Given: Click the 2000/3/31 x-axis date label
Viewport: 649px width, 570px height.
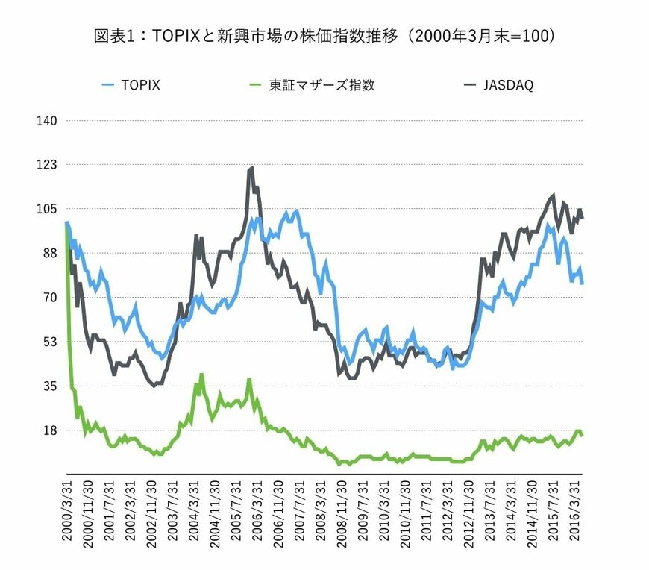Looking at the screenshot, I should [69, 512].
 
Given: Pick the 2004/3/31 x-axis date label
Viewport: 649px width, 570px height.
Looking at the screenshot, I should [195, 512].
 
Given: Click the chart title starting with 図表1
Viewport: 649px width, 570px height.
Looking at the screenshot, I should [324, 36].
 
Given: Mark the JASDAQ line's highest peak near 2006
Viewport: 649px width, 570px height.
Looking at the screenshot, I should [251, 168].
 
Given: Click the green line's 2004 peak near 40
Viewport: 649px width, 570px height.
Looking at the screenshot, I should [201, 375].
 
